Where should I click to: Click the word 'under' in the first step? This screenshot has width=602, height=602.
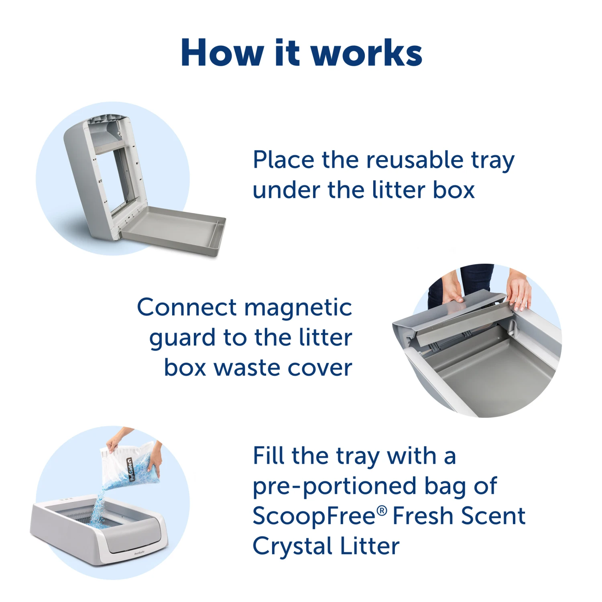point(287,190)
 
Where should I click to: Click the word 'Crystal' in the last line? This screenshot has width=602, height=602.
point(293,546)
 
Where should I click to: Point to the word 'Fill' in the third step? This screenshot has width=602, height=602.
point(268,456)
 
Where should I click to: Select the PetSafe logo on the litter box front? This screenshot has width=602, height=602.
point(139,553)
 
